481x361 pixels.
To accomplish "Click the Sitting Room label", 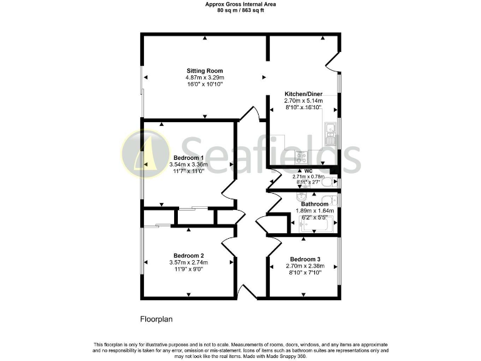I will click(204, 71).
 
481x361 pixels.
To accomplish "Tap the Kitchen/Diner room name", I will click(303, 93).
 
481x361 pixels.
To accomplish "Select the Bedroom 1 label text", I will click(188, 157).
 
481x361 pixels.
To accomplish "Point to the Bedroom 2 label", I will click(189, 256).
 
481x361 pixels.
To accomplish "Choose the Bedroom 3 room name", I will click(305, 259).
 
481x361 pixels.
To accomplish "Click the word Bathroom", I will click(314, 204).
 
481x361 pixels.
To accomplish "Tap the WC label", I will click(308, 170).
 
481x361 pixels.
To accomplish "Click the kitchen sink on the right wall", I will click(330, 132).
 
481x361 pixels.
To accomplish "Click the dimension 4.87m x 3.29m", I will click(204, 78).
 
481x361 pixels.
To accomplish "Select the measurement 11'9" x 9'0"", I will click(189, 269).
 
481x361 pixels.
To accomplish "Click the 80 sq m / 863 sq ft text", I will click(240, 11).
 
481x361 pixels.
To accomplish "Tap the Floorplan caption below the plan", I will click(156, 319).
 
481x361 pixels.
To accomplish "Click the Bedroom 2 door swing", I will click(229, 246).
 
